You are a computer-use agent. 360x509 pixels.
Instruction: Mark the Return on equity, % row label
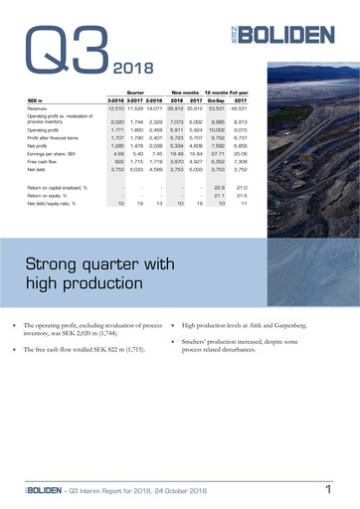coord(55,195)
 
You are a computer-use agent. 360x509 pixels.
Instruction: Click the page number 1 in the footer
coord(327,488)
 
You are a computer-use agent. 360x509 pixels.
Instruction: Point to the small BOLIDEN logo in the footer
coord(39,490)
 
